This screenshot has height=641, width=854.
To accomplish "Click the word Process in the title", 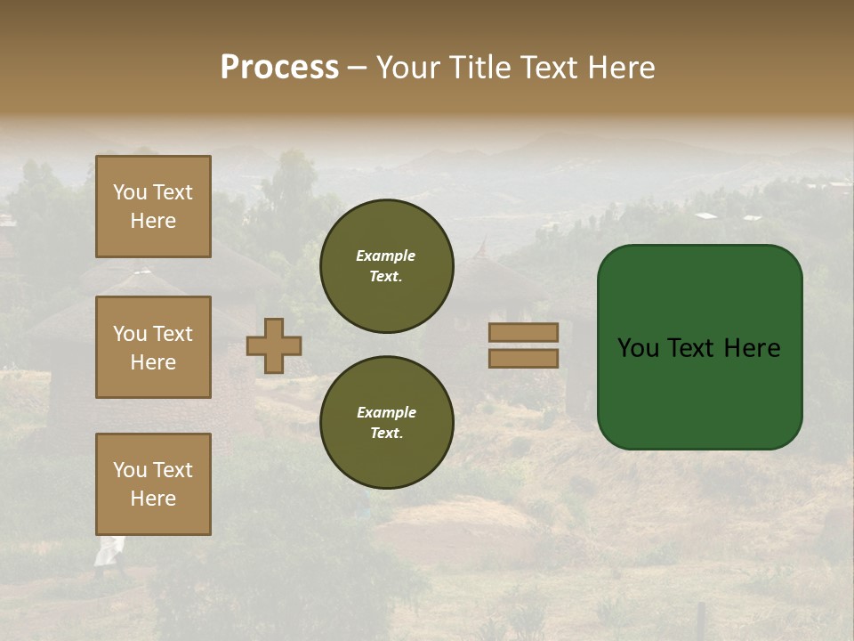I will (x=279, y=68).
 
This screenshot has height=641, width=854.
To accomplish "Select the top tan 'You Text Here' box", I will (x=153, y=207).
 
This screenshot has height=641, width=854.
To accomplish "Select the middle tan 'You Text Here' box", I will (x=153, y=347).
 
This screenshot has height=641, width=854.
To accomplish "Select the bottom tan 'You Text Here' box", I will (x=153, y=484).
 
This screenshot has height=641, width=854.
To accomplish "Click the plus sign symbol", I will (x=274, y=345).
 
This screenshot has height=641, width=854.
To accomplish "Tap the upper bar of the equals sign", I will (x=523, y=332).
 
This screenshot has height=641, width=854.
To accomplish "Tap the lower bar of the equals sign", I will (x=523, y=358).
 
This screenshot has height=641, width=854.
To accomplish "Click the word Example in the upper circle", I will (x=386, y=256).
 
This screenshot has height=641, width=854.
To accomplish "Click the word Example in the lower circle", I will (x=386, y=412).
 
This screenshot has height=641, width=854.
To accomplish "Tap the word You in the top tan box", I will (x=130, y=192).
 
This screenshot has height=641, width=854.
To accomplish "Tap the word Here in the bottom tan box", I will (x=153, y=499).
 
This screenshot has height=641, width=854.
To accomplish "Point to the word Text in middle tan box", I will (x=172, y=334).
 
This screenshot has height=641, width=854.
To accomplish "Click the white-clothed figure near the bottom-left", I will (x=108, y=552).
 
